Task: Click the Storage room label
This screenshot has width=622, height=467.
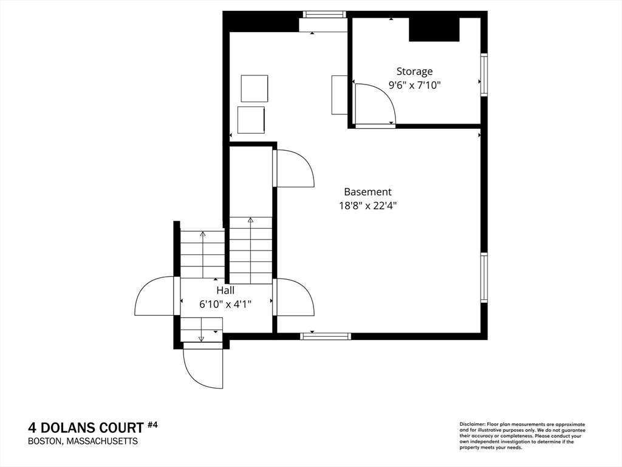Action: pos(414,72)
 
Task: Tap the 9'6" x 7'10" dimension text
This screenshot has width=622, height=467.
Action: pos(414,85)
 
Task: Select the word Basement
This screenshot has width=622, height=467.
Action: pos(367,192)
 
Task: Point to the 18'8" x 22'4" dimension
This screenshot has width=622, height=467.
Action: pos(367,206)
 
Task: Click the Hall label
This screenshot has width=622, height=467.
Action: pos(225,290)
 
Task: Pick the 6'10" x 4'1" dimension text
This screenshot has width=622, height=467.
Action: pos(225,304)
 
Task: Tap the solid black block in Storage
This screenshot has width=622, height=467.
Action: pos(434,29)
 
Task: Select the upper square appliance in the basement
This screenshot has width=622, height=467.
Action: pos(255,89)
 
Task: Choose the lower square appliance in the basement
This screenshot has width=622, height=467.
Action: pos(251,120)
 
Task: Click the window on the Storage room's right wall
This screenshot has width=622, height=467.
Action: pos(484,74)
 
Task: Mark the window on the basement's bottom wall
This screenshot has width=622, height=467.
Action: pos(326,336)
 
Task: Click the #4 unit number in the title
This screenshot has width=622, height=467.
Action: pos(152,425)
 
